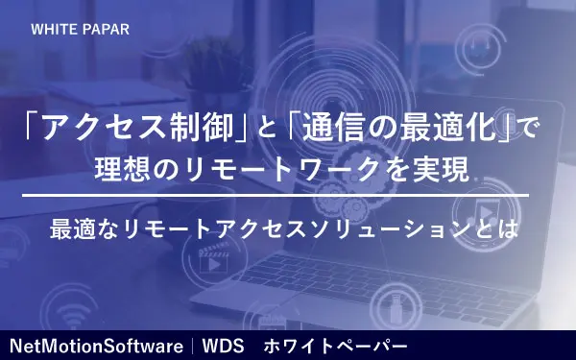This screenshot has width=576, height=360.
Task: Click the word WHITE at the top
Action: point(52,29)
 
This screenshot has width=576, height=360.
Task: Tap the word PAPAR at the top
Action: point(103,29)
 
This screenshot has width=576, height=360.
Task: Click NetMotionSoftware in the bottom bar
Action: point(97,344)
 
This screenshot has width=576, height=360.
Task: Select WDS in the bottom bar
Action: point(223,344)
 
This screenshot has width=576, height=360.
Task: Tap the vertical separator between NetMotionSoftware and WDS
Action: point(192,344)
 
